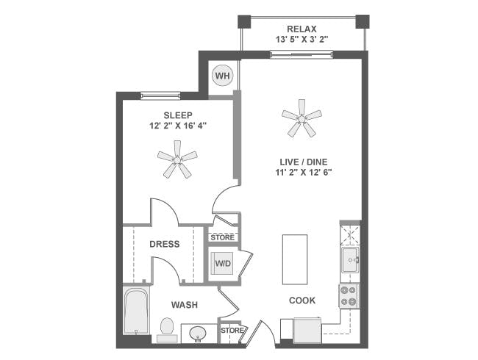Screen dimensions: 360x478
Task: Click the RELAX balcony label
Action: coord(302,28)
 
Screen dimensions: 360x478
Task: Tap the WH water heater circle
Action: coord(221,75)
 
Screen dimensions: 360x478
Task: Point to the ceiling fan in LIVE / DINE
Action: coord(302,118)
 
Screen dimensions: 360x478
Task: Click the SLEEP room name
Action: coord(178,115)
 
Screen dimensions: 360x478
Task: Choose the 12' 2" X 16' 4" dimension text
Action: coord(178,126)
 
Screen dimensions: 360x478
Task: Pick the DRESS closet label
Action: coord(165,244)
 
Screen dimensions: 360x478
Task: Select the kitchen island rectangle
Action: coord(295,259)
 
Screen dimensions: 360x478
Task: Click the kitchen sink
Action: coord(349,256)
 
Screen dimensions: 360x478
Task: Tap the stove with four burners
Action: coord(349,295)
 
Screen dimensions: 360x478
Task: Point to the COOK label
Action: coord(302,300)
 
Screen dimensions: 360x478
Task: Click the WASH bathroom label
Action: coord(184,304)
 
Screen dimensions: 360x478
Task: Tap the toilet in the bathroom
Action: coord(168,328)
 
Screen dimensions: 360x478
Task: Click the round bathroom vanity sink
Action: coord(197,334)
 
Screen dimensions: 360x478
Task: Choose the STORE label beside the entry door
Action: coord(230,331)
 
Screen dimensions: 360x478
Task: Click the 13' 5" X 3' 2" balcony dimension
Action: coord(302,39)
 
